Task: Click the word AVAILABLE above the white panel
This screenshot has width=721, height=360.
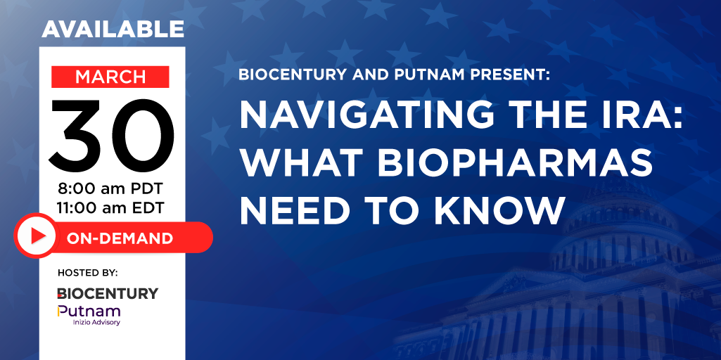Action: [x=113, y=29]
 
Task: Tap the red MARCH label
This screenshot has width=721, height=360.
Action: [x=110, y=77]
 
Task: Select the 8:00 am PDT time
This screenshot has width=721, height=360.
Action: [x=110, y=188]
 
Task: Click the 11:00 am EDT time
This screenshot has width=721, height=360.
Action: [x=110, y=208]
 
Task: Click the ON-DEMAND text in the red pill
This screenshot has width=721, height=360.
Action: [x=120, y=238]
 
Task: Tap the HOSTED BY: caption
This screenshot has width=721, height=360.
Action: [x=88, y=273]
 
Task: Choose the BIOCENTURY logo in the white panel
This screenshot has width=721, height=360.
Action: [x=108, y=293]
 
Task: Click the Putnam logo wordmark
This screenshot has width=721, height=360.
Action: [x=89, y=311]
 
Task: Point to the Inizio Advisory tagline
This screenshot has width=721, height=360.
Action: [x=96, y=322]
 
